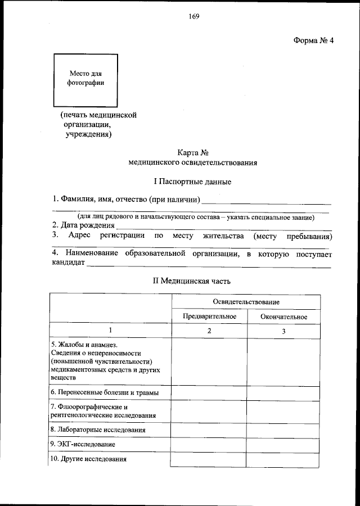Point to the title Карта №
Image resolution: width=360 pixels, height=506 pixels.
(x=193, y=151)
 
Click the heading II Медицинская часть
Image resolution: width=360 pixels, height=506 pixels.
(x=192, y=280)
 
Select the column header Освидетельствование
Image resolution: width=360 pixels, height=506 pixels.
(x=246, y=302)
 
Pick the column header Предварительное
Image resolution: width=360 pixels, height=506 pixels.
(x=209, y=317)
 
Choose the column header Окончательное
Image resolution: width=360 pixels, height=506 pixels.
(x=284, y=317)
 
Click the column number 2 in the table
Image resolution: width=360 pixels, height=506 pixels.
(x=209, y=331)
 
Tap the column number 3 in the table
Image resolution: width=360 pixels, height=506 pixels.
(x=284, y=331)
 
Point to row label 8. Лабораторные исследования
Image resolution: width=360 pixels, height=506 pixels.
(x=98, y=430)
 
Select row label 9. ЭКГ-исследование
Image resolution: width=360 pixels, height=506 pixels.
(x=83, y=444)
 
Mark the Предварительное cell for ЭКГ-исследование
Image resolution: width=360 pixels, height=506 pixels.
(x=209, y=444)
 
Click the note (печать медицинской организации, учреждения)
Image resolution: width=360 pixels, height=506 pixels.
(x=99, y=124)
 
